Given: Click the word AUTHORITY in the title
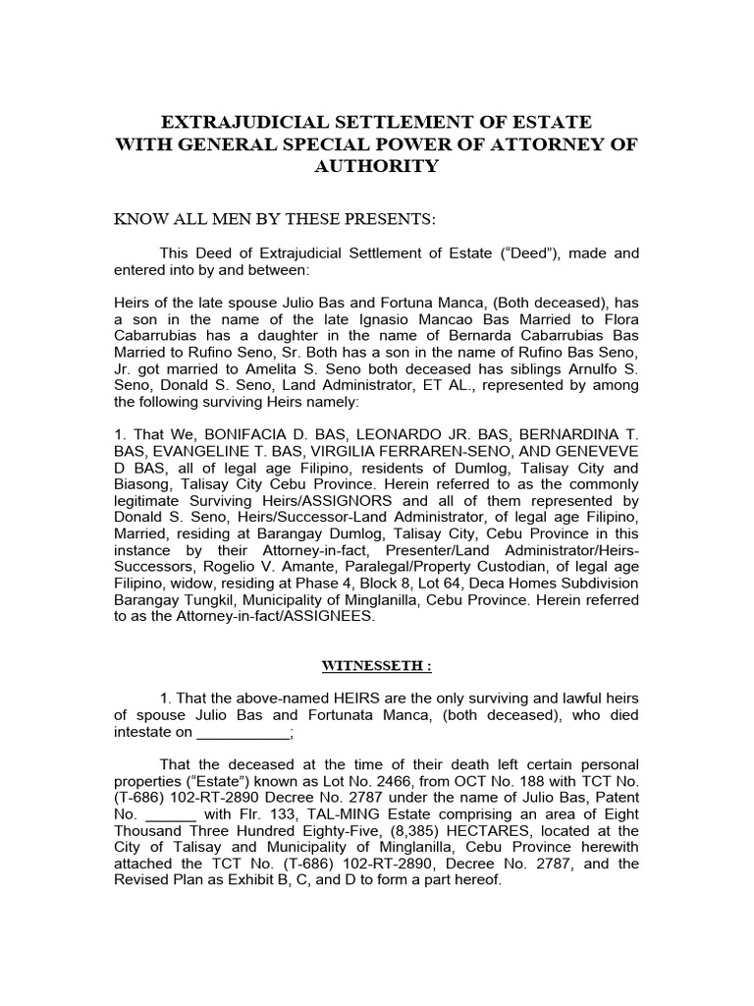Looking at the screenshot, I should tap(376, 167).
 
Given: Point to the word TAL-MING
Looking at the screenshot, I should tap(320, 813).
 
